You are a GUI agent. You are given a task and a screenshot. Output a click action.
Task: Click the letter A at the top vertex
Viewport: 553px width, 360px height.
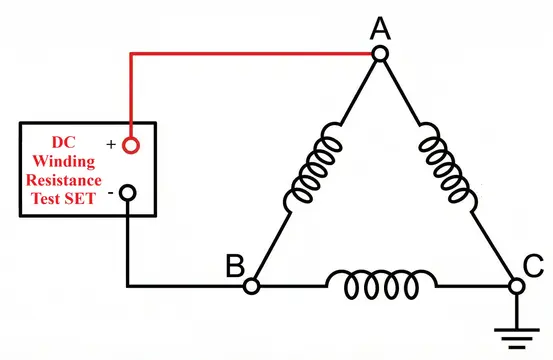click(x=380, y=29)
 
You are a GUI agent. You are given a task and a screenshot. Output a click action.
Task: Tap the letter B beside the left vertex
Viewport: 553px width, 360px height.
click(x=233, y=267)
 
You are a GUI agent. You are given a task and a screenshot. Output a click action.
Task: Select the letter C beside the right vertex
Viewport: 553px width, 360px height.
click(x=534, y=267)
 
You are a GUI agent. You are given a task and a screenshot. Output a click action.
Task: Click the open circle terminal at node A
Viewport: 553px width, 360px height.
click(x=380, y=55)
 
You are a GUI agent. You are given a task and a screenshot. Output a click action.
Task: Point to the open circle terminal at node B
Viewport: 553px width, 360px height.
click(x=251, y=286)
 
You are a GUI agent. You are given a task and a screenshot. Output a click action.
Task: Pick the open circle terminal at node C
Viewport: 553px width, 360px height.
click(x=516, y=286)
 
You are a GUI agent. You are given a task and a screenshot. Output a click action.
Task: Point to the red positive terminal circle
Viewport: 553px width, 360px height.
click(x=130, y=146)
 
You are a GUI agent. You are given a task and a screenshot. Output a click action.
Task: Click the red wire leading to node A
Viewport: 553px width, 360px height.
click(x=250, y=55)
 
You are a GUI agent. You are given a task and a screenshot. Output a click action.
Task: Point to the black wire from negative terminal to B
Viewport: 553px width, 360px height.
click(x=131, y=250)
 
